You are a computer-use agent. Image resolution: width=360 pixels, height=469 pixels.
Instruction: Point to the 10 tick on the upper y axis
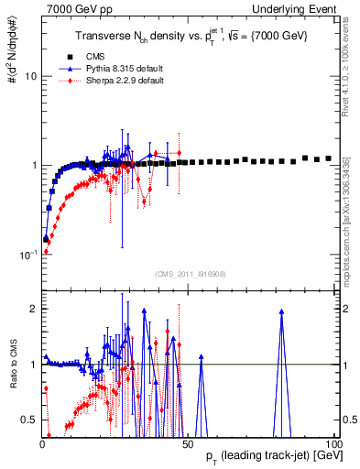point(30,76)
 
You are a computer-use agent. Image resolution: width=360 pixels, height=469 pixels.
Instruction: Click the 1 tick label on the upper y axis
point(33,165)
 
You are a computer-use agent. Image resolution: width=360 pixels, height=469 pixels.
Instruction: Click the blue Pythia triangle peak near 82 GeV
point(281,311)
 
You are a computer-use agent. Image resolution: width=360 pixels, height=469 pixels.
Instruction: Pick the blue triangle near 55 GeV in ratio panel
point(201,356)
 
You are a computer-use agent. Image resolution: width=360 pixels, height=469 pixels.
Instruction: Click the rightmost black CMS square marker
point(328,158)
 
